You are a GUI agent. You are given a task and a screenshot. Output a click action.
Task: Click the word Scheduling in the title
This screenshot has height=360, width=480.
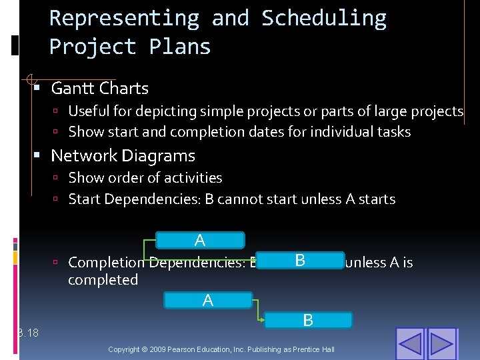323,18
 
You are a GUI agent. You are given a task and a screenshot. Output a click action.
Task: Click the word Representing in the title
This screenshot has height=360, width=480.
124,18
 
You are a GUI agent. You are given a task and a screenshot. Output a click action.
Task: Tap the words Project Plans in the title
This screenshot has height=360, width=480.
130,47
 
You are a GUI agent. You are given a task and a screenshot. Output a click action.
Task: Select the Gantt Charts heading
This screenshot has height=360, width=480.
99,88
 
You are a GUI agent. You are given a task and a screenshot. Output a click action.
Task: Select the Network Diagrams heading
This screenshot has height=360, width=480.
123,156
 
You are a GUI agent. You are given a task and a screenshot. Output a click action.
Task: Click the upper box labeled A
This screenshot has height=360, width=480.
200,240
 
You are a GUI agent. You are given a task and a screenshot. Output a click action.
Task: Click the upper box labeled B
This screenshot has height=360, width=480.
300,260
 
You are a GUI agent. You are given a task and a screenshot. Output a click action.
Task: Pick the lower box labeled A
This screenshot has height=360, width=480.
208,301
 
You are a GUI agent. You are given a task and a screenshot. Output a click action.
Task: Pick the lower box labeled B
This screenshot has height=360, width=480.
308,320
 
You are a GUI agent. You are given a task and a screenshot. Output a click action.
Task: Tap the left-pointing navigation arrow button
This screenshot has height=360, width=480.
409,344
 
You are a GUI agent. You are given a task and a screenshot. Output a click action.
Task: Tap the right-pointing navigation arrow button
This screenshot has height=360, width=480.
441,344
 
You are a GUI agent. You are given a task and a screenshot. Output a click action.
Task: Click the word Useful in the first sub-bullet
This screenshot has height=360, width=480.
89,111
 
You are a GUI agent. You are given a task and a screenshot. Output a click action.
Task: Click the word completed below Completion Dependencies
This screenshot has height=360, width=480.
103,280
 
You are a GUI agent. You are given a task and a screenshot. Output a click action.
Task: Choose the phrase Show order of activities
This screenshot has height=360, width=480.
145,178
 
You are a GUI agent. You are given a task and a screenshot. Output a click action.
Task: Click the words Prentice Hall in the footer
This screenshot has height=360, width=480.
313,349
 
